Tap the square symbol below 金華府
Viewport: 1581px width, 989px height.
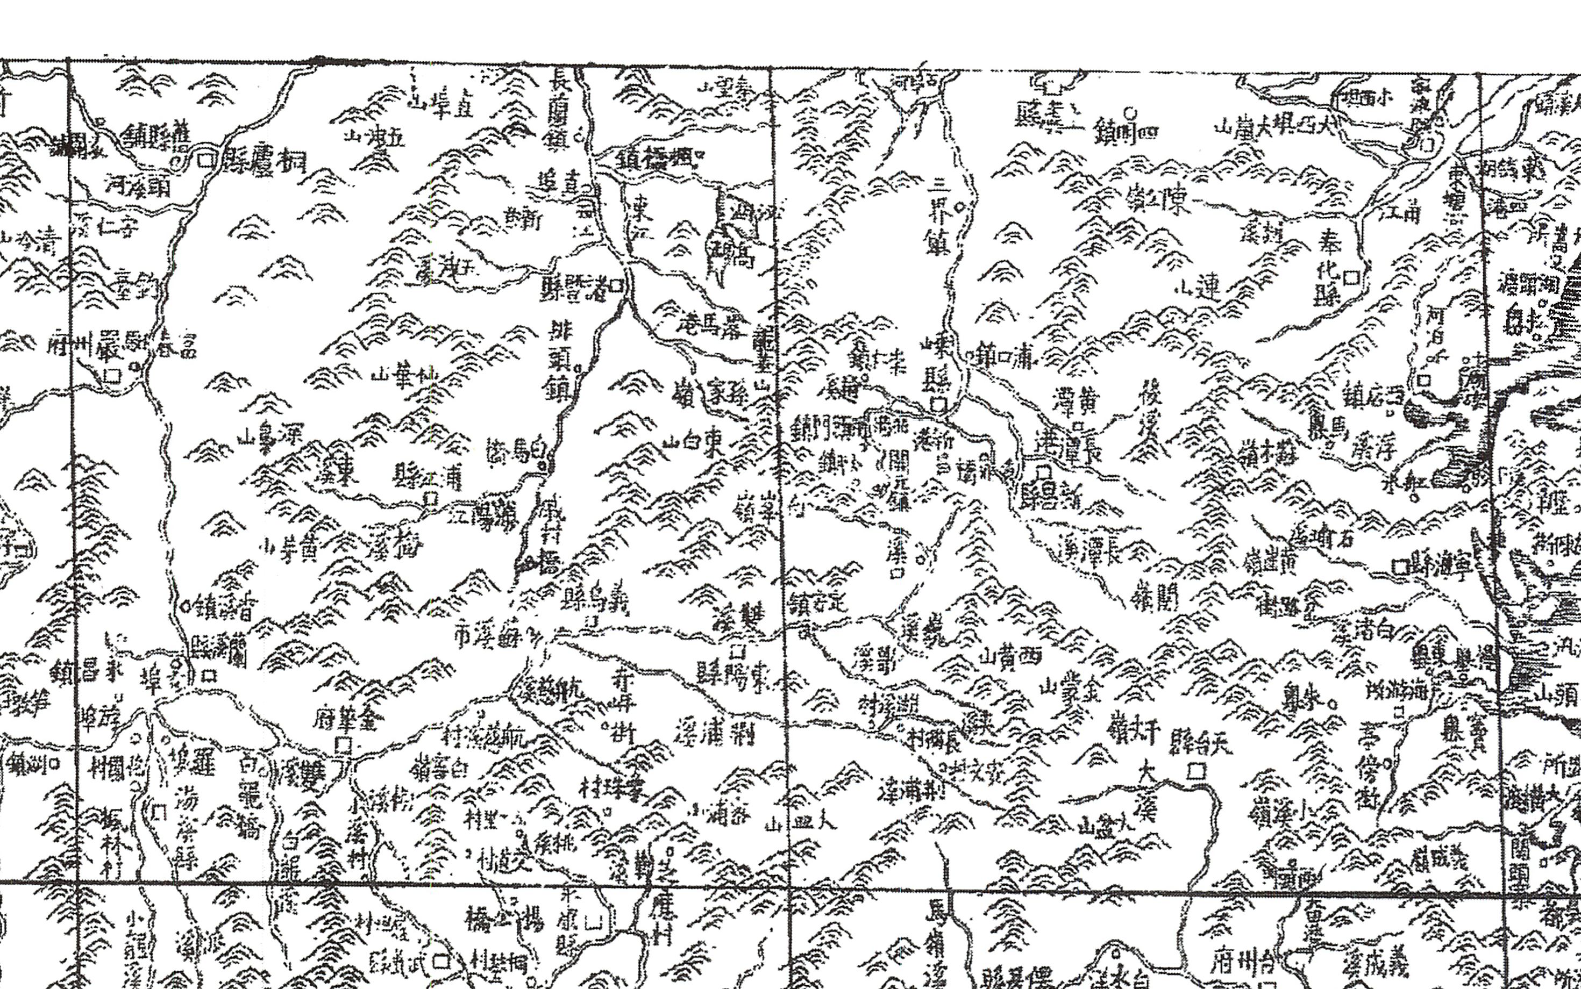(342, 744)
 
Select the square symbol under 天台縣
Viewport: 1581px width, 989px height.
(1195, 772)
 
